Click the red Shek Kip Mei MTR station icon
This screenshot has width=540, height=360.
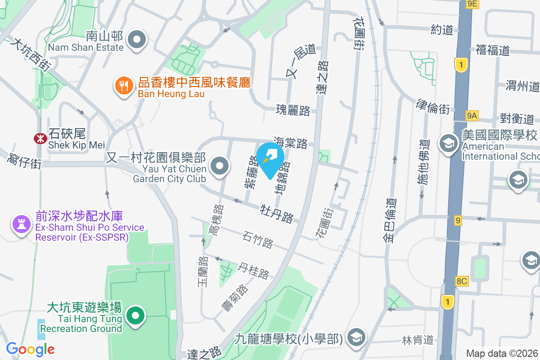pos(40,138)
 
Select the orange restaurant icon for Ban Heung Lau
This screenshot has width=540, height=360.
pos(123,85)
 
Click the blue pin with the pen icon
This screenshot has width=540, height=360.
pos(270,159)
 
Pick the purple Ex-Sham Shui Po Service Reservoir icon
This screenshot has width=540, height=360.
pos(21,223)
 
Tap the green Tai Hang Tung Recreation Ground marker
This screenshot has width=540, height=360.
pos(135,316)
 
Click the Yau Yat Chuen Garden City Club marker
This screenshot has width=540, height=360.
pos(220,166)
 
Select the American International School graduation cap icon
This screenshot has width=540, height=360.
pos(448,143)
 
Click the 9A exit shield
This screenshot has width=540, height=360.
pos(471,116)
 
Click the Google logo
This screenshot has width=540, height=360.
pos(31,349)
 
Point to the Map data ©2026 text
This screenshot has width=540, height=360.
pos(501,354)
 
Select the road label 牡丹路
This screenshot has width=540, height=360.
pos(277,213)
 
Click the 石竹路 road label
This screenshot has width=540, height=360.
pos(257,239)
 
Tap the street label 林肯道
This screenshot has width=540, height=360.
pos(423,340)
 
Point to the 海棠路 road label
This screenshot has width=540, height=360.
pos(291,143)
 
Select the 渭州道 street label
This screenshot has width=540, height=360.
pos(522,85)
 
